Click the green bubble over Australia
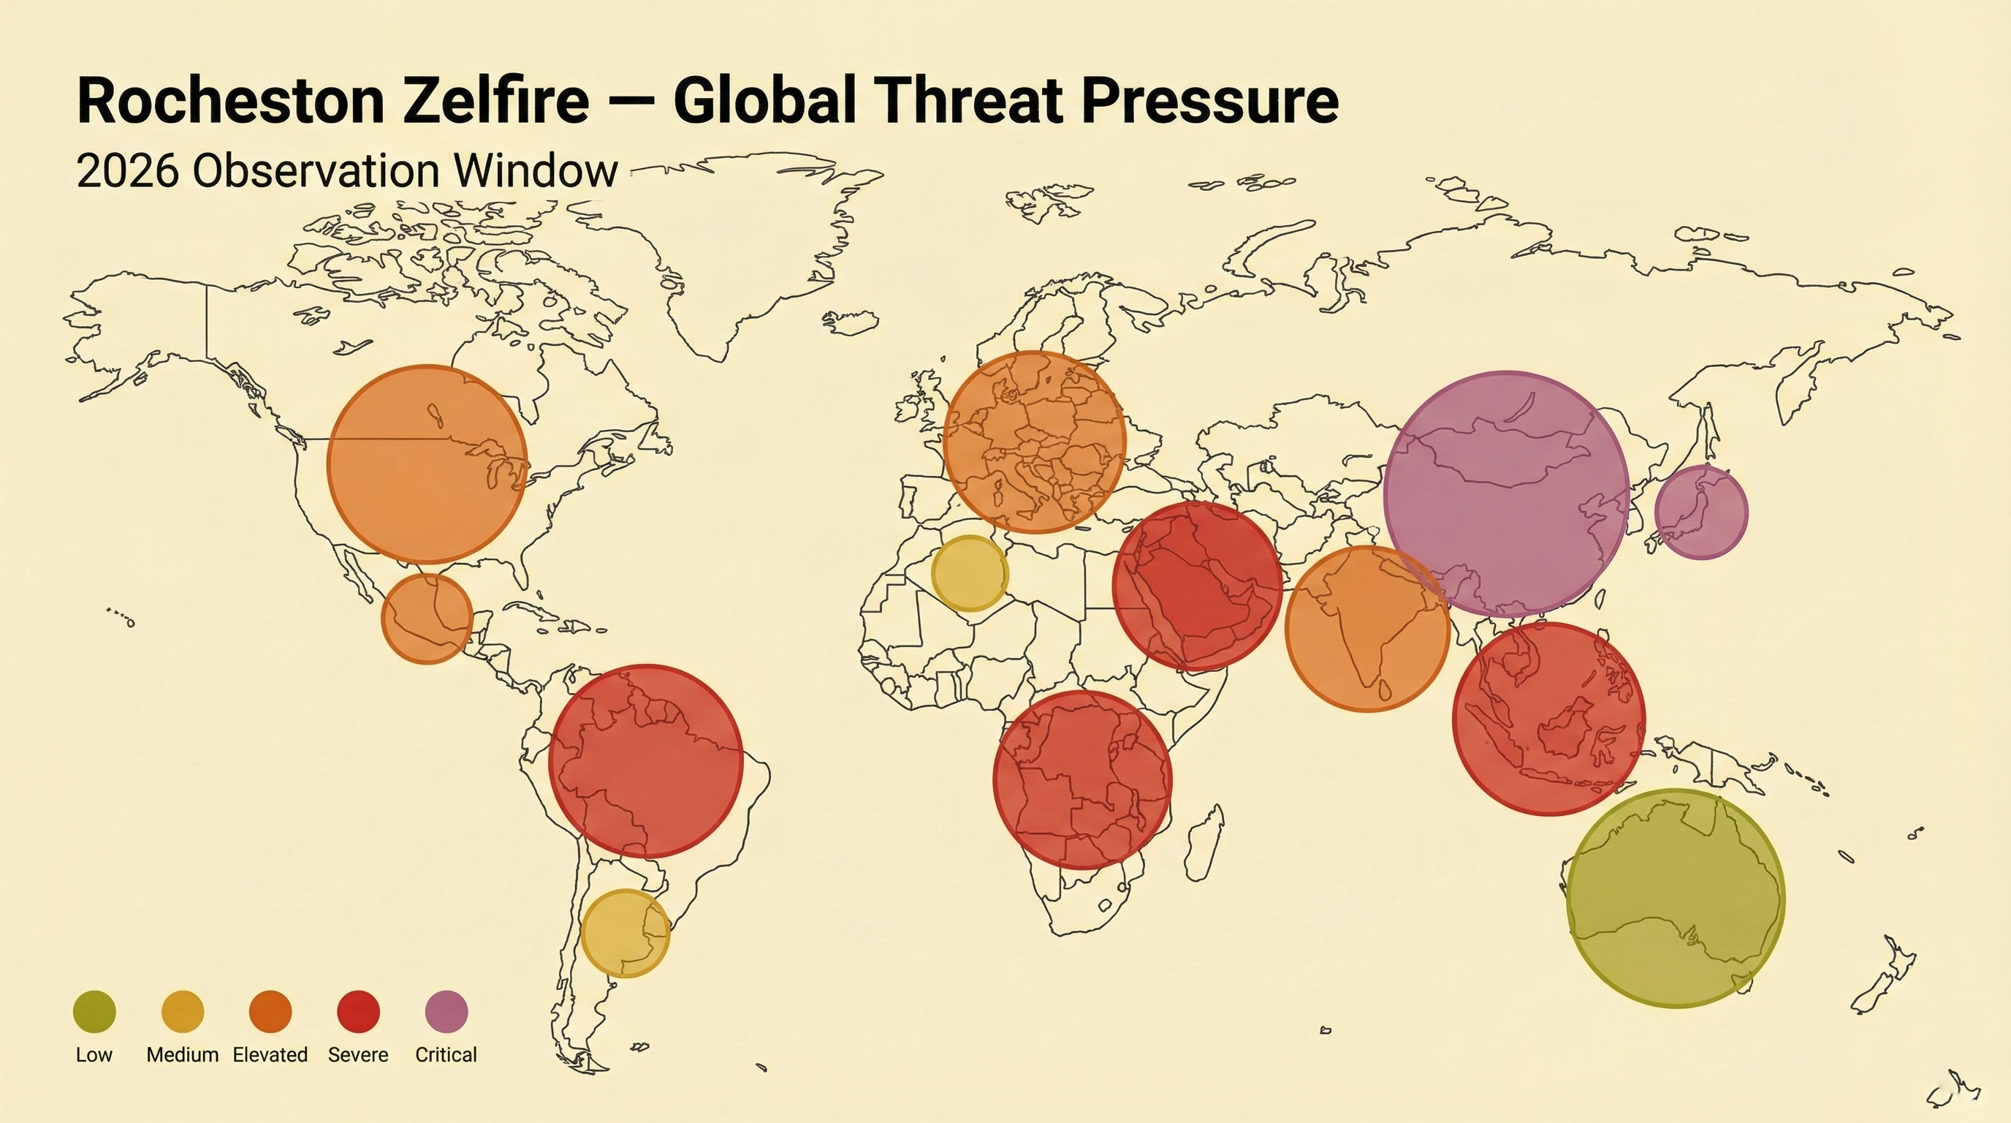[x=1676, y=898]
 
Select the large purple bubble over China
[x=1507, y=494]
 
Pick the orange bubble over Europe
[x=1035, y=442]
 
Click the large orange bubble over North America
[x=427, y=464]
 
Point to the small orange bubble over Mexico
[x=427, y=619]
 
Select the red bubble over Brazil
[x=646, y=761]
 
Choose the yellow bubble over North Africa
[x=970, y=573]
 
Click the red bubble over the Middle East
[x=1197, y=586]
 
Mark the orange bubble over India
[x=1368, y=629]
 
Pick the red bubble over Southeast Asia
[x=1549, y=719]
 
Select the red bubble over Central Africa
[x=1083, y=779]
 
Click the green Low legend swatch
[x=94, y=1011]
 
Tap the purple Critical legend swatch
[x=446, y=1011]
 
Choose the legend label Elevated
[x=270, y=1055]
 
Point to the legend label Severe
[x=358, y=1055]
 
